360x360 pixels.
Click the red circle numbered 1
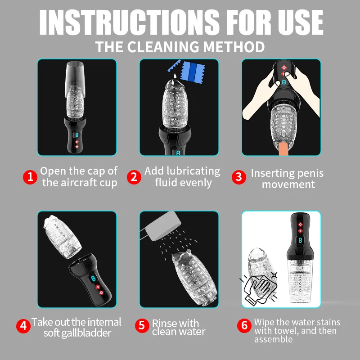coord(30,177)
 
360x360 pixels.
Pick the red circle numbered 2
coord(134,177)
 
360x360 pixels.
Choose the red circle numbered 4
coord(23,325)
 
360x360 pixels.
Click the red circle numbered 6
coord(244,325)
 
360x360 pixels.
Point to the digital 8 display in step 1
coord(76,134)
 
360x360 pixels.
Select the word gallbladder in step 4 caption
coord(89,333)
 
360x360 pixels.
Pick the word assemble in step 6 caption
coord(273,340)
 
